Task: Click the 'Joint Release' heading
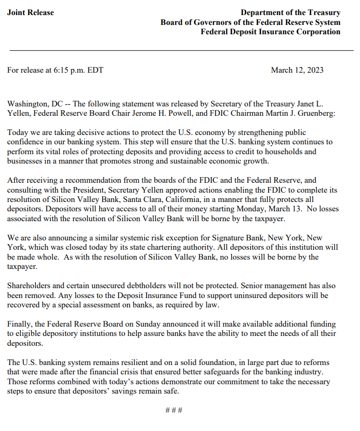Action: point(30,12)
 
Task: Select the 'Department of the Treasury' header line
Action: point(290,12)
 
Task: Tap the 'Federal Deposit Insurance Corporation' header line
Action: point(271,32)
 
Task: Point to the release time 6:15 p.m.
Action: point(70,70)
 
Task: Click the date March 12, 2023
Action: point(297,70)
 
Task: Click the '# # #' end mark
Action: point(174,410)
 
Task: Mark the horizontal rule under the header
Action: point(180,50)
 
